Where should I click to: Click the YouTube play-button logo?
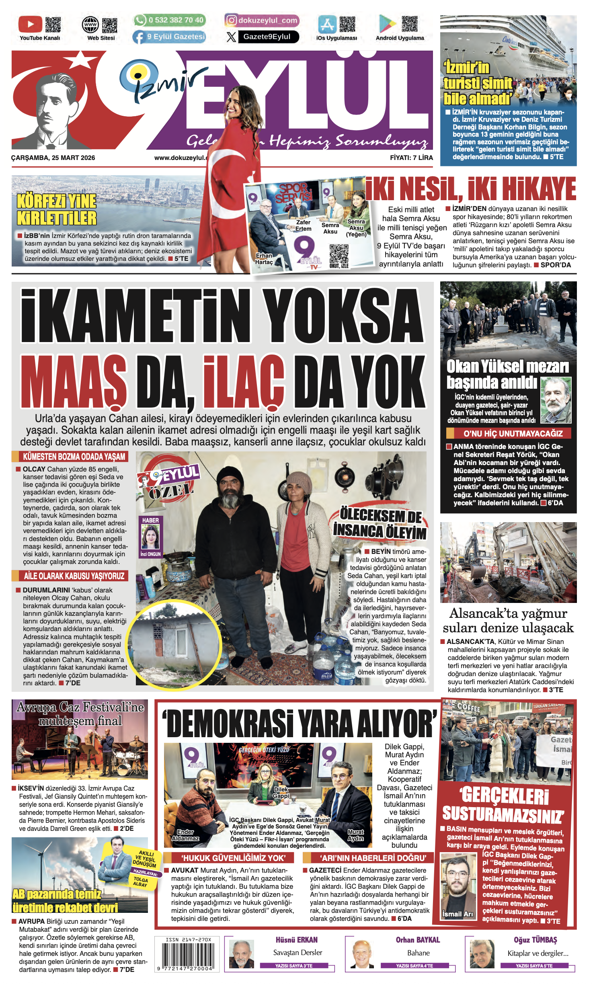pyautogui.click(x=30, y=24)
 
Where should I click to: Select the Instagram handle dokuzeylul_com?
pyautogui.click(x=268, y=20)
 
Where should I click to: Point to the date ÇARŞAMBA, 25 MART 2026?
pyautogui.click(x=53, y=158)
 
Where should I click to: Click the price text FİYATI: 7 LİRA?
pyautogui.click(x=411, y=158)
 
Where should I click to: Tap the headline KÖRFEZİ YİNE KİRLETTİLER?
pyautogui.click(x=57, y=209)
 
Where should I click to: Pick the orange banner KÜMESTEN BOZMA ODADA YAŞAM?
pyautogui.click(x=74, y=457)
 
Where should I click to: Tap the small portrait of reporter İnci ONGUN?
pyautogui.click(x=150, y=538)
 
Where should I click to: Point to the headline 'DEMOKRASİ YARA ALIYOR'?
pyautogui.click(x=300, y=724)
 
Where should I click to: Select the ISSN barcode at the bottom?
pyautogui.click(x=187, y=954)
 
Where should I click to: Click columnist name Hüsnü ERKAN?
pyautogui.click(x=297, y=940)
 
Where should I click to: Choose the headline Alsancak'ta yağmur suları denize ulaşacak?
pyautogui.click(x=508, y=620)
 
